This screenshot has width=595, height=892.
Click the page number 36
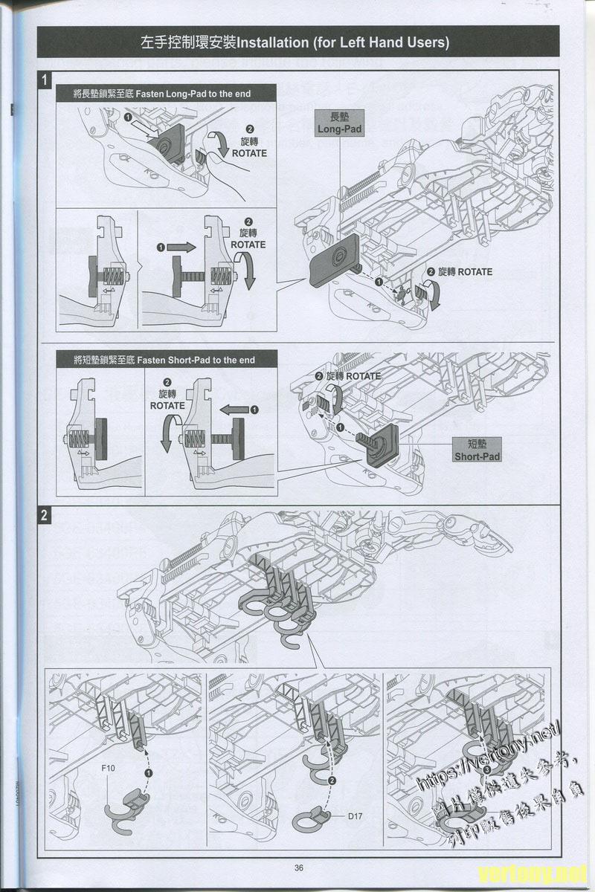[x=298, y=867]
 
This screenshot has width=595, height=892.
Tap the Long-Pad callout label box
[x=339, y=123]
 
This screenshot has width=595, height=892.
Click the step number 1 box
[x=45, y=79]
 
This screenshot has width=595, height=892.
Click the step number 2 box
[x=45, y=514]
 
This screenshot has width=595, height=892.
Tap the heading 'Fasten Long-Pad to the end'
[x=161, y=94]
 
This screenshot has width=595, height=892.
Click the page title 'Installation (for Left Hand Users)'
[x=297, y=42]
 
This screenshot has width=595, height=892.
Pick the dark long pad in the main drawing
[x=332, y=260]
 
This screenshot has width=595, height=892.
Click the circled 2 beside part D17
[x=332, y=780]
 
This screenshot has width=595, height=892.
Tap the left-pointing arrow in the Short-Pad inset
[x=234, y=410]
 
